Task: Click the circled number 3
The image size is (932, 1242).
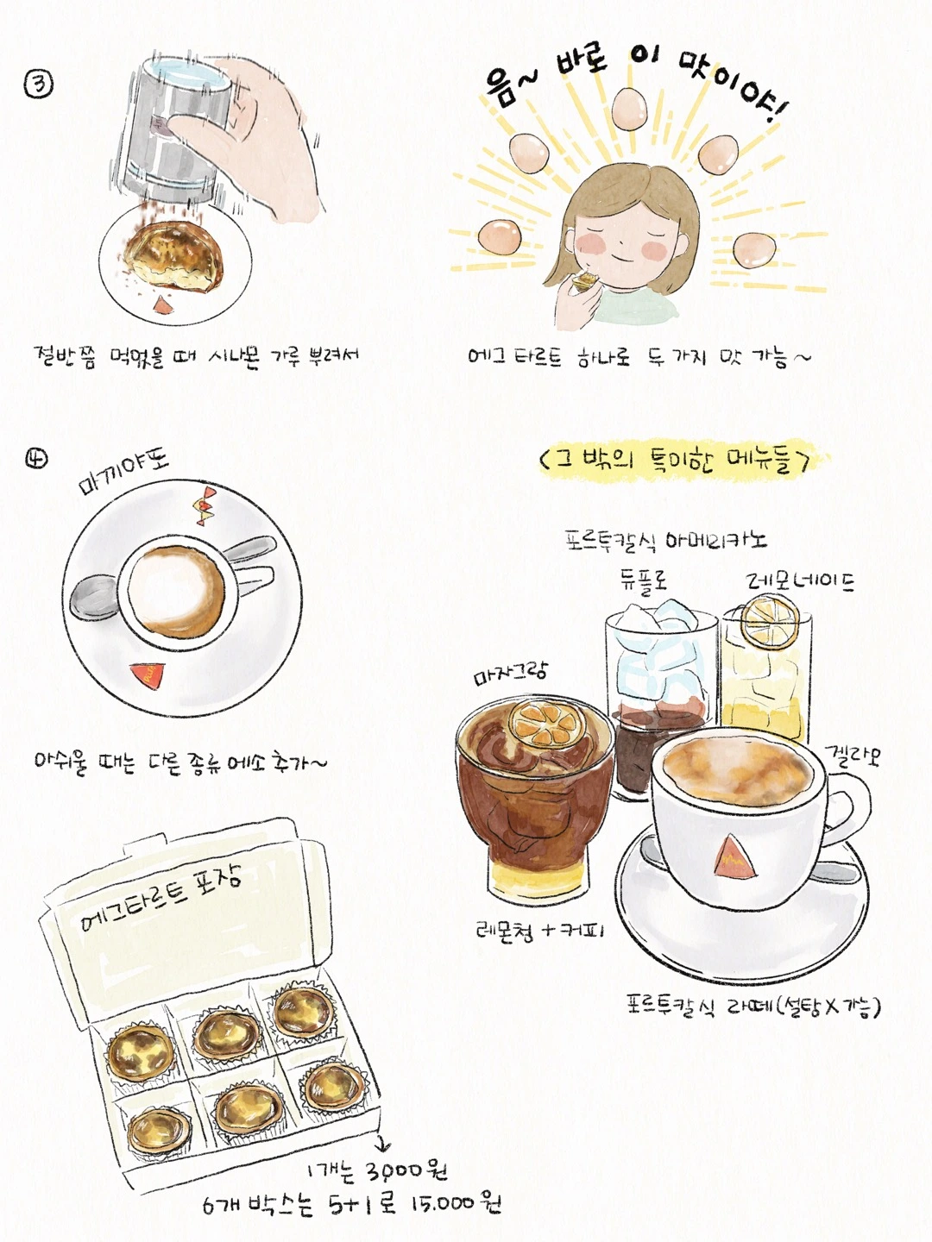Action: pyautogui.click(x=38, y=85)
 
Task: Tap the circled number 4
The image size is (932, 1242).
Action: pyautogui.click(x=37, y=458)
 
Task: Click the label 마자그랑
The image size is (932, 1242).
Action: pyautogui.click(x=510, y=674)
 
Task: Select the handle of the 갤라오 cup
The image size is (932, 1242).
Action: pyautogui.click(x=848, y=806)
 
